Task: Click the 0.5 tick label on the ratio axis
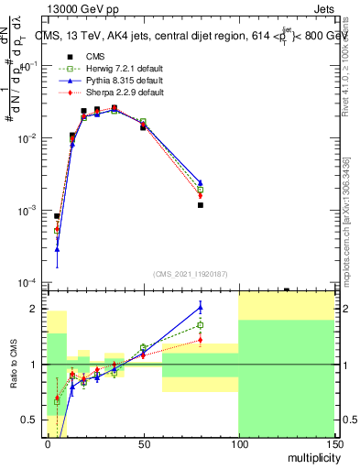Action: point(33,420)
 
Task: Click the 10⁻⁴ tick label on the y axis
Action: point(29,282)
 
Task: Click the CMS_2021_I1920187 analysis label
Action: point(190,273)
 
